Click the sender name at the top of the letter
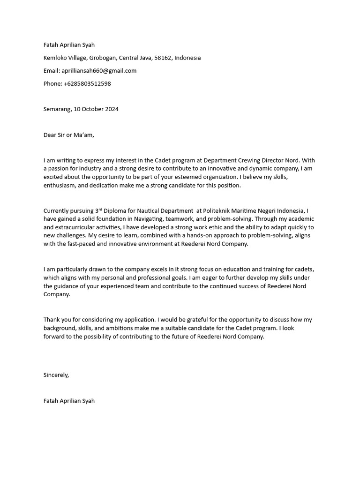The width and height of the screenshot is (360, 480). pos(69,45)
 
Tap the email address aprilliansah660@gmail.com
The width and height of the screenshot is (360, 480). pos(99,71)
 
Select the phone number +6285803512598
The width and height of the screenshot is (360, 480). pos(87,83)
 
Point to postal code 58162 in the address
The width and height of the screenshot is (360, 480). pos(163,58)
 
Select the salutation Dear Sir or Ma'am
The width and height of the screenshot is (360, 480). pos(68,135)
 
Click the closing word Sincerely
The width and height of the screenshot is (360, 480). pos(56,375)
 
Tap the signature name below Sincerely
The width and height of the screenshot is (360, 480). pos(69,401)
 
